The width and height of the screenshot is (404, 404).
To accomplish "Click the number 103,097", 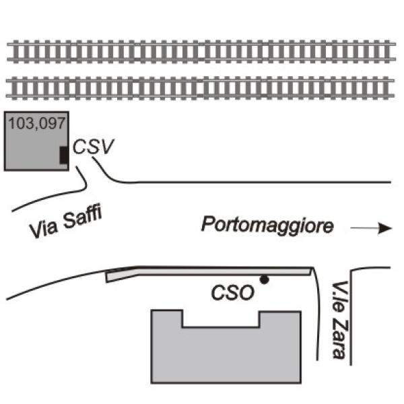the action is tap(37, 123).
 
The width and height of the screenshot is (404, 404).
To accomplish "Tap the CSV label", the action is tap(93, 147).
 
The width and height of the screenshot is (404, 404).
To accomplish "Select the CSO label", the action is tap(233, 292).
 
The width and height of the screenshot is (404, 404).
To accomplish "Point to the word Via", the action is tap(44, 228).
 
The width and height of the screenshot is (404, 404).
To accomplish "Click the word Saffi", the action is tap(82, 217).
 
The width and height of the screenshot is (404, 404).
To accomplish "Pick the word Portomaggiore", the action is tap(267, 225).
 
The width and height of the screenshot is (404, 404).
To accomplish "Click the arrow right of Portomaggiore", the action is tap(371, 228).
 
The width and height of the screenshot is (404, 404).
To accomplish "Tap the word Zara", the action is tap(340, 339).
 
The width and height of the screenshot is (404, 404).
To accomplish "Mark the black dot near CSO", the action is tap(265, 279).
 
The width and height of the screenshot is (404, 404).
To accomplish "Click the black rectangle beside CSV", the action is tap(64, 155).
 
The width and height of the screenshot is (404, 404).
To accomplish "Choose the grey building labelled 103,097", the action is tap(36, 141).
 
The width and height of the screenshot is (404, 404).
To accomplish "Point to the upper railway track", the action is tap(201, 52).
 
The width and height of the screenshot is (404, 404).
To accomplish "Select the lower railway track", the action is tap(200, 88).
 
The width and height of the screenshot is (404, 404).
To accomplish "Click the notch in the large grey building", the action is tap(221, 318).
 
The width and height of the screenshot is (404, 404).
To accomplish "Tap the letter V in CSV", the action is tap(107, 147).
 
